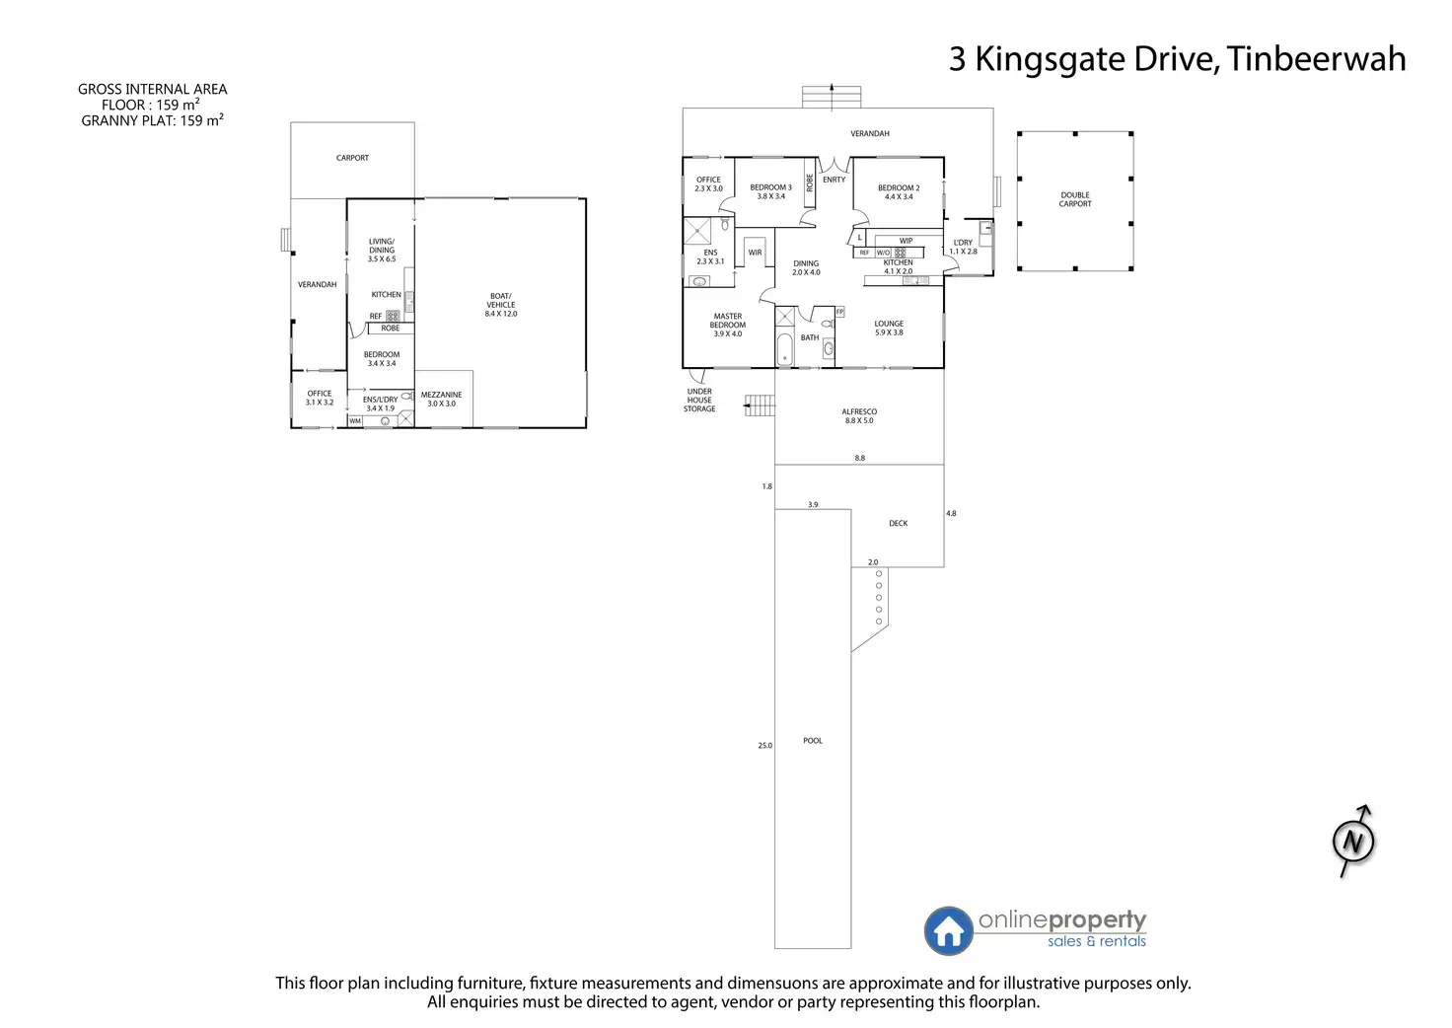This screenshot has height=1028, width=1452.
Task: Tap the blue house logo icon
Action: coord(948,930)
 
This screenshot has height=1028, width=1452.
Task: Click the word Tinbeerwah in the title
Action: coord(1317,59)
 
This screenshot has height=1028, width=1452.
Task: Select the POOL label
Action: coord(813,741)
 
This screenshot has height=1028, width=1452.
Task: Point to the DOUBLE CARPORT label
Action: coord(1075,199)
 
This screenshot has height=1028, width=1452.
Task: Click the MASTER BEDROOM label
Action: coord(728,326)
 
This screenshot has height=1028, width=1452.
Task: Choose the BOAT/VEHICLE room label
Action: coord(501,305)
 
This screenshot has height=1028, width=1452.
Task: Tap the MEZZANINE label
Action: coord(441,399)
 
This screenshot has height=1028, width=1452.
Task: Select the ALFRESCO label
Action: coord(859,415)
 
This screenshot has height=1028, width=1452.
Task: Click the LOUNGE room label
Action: coord(889,328)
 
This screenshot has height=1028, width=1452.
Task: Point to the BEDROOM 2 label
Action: coord(899,191)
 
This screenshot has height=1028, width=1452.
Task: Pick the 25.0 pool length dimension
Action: coord(765,746)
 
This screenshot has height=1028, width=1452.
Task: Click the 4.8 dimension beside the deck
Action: coord(951,514)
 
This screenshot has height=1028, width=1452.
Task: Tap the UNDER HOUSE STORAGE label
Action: coord(699,400)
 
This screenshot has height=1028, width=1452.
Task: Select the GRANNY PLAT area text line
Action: coord(152,121)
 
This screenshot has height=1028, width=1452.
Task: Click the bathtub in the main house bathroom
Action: coord(785,350)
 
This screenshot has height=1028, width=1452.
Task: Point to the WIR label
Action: coord(755,254)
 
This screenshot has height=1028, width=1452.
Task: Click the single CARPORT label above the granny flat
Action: coord(352,158)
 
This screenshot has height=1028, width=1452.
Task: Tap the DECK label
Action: coord(898,524)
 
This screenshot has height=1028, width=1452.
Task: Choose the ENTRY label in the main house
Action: coord(834,180)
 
